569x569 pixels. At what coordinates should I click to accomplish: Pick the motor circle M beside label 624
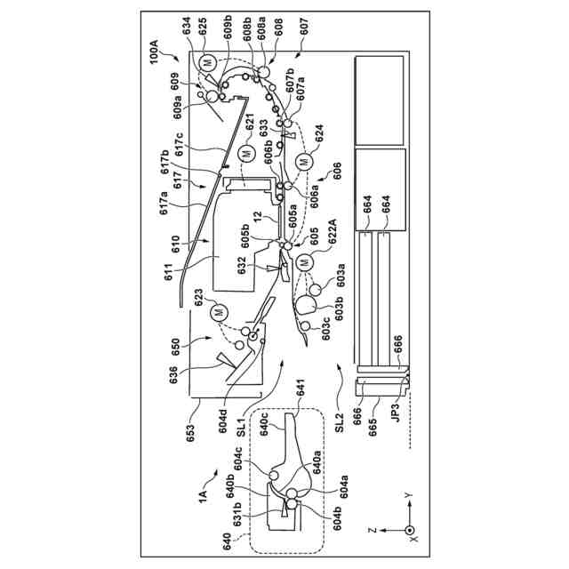pos(304,162)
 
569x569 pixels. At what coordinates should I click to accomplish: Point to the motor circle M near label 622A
pos(305,261)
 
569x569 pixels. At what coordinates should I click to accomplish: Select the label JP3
pos(393,415)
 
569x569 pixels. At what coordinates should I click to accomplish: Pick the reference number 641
pos(298,393)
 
